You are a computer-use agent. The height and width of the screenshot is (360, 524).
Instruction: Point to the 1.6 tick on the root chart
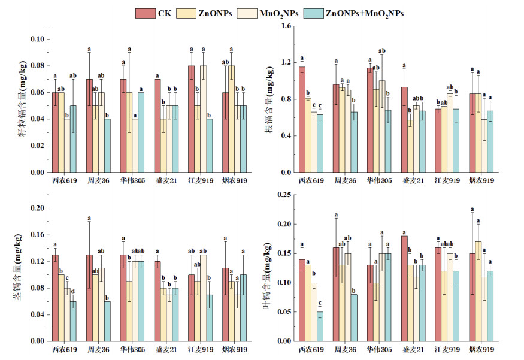pyautogui.click(x=286, y=26)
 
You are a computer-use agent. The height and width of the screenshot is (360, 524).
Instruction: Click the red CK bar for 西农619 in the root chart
pyautogui.click(x=302, y=119)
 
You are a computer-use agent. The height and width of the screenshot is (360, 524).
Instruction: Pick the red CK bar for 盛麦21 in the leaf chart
pyautogui.click(x=404, y=288)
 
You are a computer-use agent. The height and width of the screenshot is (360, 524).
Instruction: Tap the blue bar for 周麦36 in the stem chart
pyautogui.click(x=107, y=321)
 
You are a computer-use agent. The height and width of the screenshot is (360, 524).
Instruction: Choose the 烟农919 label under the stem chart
pyautogui.click(x=233, y=349)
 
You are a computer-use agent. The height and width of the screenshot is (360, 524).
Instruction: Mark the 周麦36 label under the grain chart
pyautogui.click(x=97, y=180)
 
